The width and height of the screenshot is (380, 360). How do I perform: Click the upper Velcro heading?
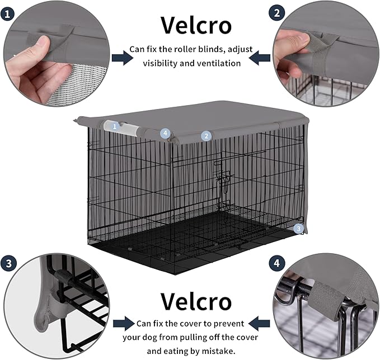tap(195, 25)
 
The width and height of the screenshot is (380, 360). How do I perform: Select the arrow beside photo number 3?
tap(123, 323)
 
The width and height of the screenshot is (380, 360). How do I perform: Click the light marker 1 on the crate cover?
tap(115, 126)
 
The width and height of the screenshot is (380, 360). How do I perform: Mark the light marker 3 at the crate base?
tap(299, 228)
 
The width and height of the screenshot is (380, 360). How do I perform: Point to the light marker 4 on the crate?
tap(165, 133)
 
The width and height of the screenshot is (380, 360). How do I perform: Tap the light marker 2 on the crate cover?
tap(206, 135)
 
